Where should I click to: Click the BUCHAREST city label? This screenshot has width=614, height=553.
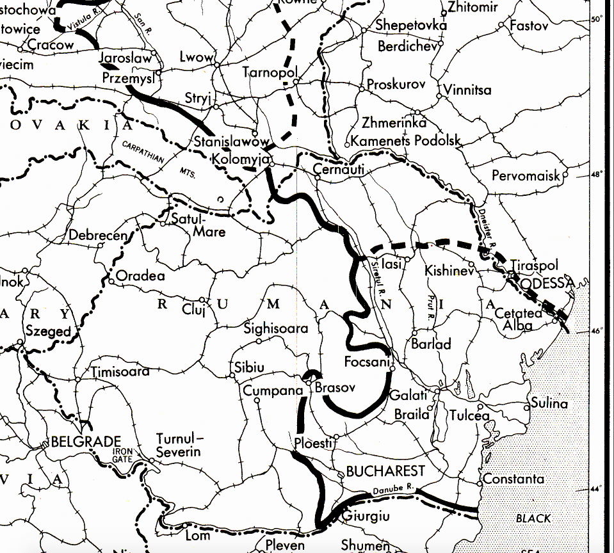(385, 472)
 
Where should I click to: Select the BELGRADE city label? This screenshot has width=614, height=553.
(86, 442)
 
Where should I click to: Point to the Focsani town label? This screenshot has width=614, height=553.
(367, 362)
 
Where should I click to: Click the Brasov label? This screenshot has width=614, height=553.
(334, 389)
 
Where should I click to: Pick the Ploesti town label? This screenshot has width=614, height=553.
(314, 443)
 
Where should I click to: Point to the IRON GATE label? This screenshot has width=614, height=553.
(121, 454)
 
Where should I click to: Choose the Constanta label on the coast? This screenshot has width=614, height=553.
(513, 479)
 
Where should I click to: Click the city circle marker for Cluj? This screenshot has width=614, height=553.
(202, 300)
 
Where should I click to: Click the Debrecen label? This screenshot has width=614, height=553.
(99, 235)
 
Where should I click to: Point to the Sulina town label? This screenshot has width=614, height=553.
(549, 403)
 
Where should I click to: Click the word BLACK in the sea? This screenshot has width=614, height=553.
(533, 518)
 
